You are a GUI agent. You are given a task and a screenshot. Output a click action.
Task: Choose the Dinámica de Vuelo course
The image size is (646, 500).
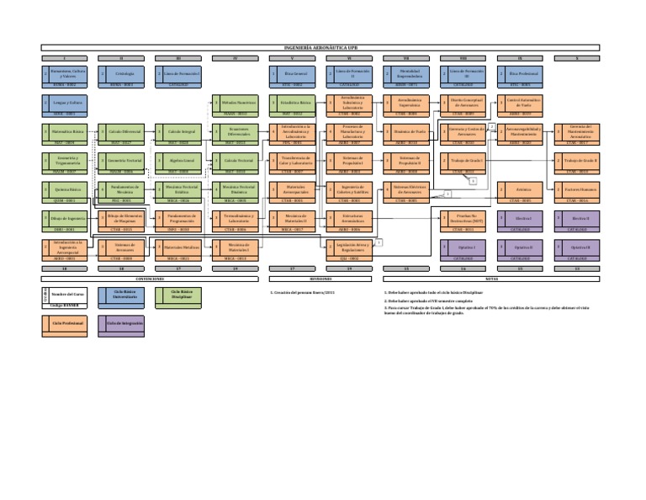[410, 131]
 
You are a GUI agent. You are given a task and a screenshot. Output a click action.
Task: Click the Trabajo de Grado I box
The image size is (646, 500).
[467, 160]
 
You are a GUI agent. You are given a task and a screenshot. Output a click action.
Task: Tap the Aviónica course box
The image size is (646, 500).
[523, 189]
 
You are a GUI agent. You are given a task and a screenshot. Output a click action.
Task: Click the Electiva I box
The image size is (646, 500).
[523, 218]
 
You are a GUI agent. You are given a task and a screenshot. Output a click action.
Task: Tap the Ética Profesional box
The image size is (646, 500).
[523, 73]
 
